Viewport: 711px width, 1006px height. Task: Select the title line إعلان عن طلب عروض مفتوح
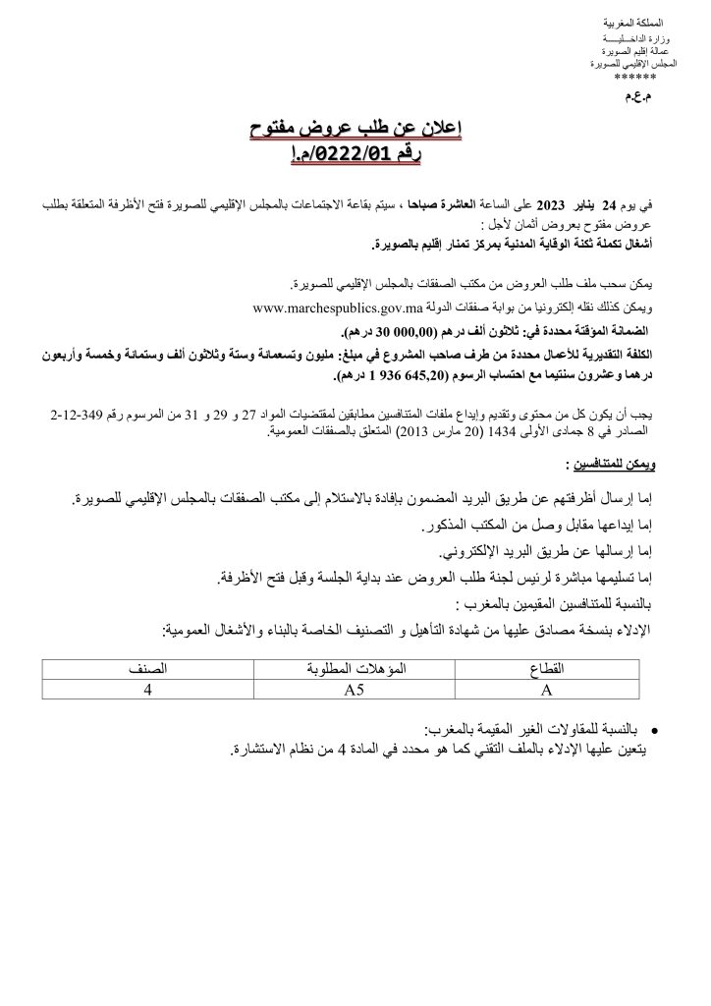[x=356, y=129]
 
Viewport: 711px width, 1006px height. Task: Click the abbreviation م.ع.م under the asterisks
[x=637, y=98]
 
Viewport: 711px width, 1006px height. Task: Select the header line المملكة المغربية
[x=635, y=21]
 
